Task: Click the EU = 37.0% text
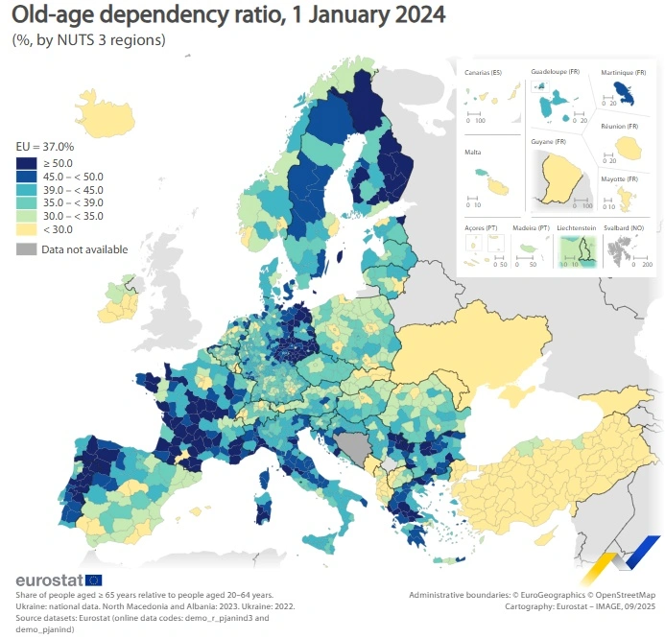45,147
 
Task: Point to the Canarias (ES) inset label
483,73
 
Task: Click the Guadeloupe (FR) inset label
556,72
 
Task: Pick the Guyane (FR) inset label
549,143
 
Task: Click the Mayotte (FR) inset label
619,179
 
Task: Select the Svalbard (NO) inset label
626,227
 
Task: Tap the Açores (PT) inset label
479,227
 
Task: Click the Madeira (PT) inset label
530,227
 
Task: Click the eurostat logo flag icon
94,580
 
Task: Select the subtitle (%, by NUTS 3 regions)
88,40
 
